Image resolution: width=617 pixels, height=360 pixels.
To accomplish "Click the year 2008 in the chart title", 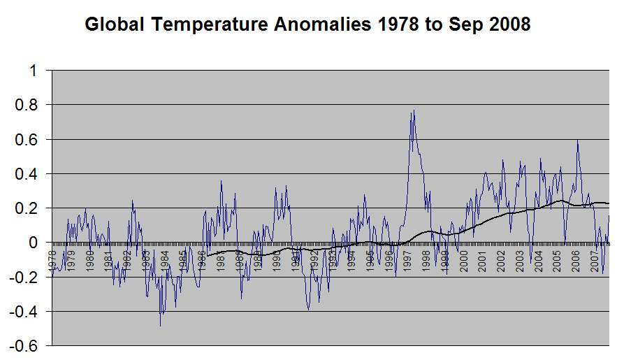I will pyautogui.click(x=508, y=25).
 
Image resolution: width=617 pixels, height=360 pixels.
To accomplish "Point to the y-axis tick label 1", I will pyautogui.click(x=31, y=71).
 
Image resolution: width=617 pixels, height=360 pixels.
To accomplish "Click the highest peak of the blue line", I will pyautogui.click(x=414, y=110).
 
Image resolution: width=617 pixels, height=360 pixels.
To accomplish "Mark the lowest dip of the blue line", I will pyautogui.click(x=160, y=325).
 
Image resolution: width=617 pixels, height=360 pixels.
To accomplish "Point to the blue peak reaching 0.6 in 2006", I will pyautogui.click(x=577, y=141).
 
